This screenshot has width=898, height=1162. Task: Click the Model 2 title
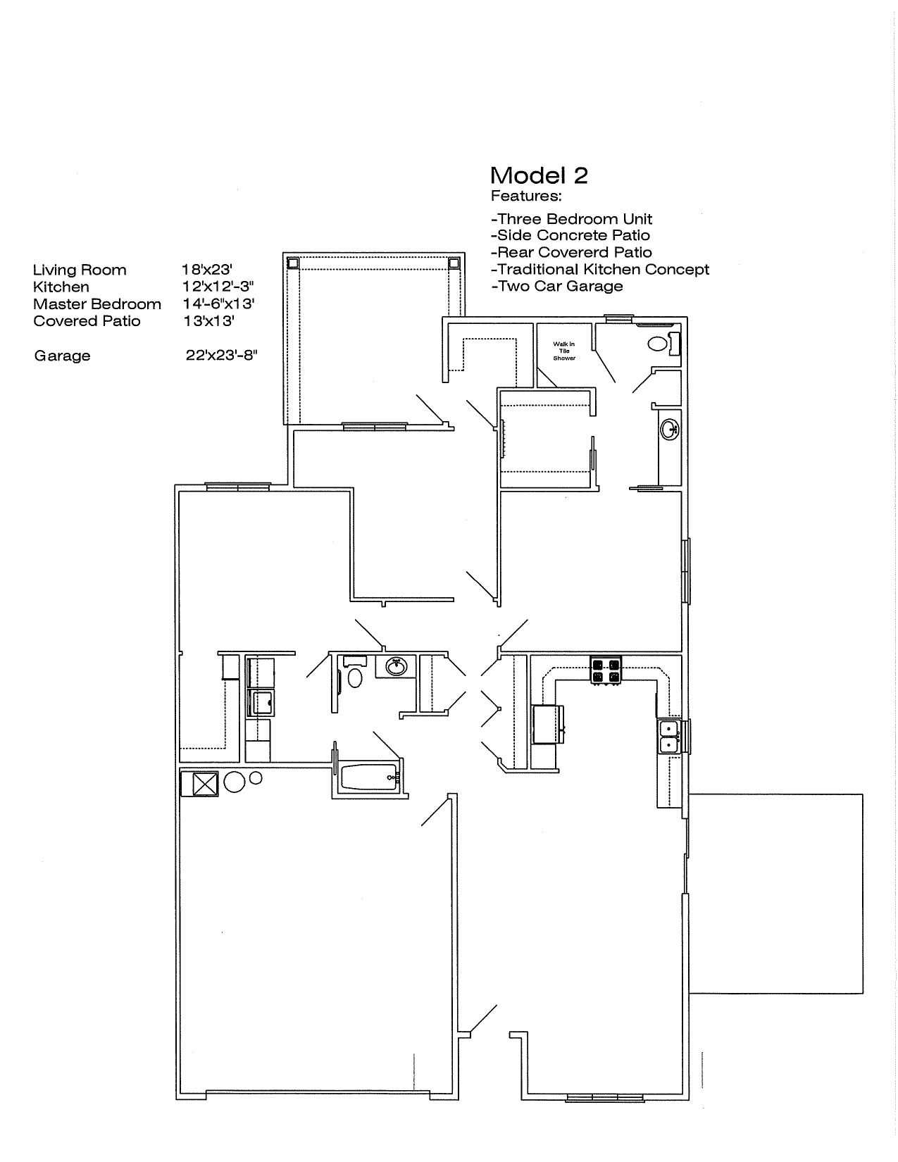539,176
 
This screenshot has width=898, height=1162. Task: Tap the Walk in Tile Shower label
563,351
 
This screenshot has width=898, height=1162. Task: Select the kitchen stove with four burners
606,670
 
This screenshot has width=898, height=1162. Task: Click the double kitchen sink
668,737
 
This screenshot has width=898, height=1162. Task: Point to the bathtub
370,777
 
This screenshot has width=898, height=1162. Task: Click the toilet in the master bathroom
663,343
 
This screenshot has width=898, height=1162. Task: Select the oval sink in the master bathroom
669,429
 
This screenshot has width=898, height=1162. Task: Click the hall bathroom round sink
397,666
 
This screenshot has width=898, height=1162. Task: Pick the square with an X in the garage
205,784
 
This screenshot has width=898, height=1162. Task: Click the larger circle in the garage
235,782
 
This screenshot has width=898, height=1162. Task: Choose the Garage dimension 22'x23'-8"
221,356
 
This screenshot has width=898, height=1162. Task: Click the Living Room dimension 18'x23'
206,270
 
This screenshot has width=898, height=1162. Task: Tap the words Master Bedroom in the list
96,304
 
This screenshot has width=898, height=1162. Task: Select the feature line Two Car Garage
557,286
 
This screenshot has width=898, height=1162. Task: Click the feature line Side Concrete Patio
570,235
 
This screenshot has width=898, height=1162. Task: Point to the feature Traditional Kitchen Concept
600,270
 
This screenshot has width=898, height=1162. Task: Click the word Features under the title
526,196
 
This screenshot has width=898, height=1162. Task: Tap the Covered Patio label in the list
87,321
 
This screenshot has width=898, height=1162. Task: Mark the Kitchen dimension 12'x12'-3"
218,287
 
